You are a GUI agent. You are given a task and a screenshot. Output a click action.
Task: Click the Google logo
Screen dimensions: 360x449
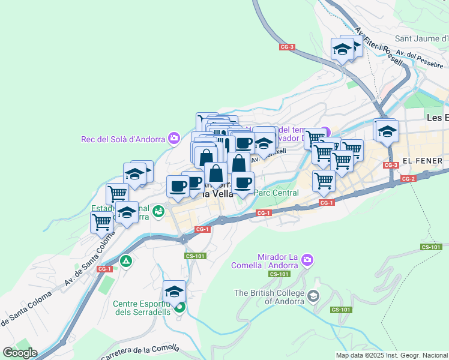point(20,353)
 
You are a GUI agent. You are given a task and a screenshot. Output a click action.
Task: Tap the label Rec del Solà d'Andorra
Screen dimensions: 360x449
point(123,139)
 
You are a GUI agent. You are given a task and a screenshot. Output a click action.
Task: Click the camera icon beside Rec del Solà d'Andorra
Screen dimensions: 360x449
point(174,139)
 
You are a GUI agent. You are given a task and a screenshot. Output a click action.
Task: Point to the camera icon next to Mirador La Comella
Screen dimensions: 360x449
point(307,260)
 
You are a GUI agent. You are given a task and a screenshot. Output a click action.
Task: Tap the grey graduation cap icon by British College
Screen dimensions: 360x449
point(313,296)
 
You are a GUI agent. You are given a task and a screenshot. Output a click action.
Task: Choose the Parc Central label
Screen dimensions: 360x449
point(276,193)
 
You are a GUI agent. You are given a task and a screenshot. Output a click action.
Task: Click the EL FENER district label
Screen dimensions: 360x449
point(423,161)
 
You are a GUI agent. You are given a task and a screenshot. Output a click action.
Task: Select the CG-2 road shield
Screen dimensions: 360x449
point(408,179)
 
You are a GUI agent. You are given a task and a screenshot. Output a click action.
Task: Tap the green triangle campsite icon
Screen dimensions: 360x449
point(125,261)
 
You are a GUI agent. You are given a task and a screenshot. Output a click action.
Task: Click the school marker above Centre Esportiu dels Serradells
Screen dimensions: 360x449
point(174,292)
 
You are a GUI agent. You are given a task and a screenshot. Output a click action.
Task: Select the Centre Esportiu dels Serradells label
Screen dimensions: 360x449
point(142,307)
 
